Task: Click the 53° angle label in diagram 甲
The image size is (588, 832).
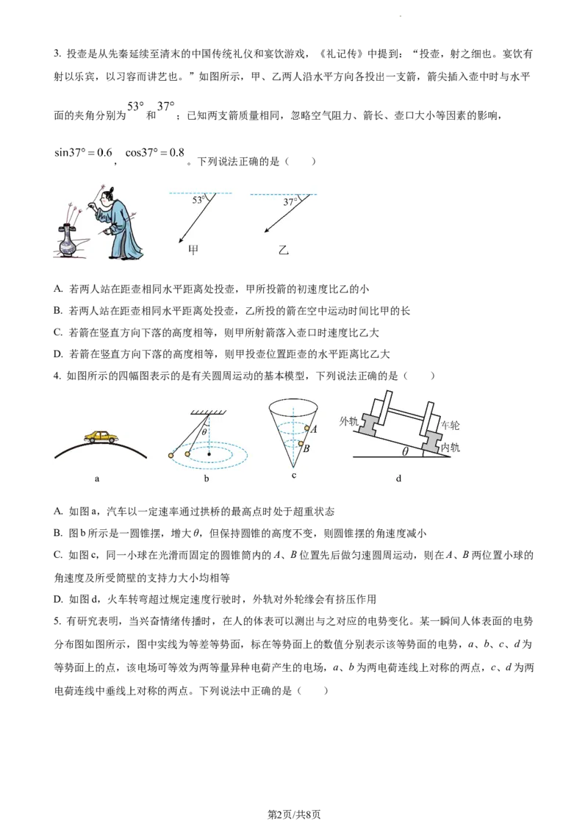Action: pyautogui.click(x=198, y=200)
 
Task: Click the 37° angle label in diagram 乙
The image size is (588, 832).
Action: pyautogui.click(x=290, y=202)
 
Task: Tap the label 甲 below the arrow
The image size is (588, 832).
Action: pyautogui.click(x=193, y=249)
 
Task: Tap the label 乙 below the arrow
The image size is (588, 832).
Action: pyautogui.click(x=284, y=249)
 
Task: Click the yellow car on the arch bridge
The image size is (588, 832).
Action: pyautogui.click(x=101, y=437)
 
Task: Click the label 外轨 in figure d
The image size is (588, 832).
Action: pyautogui.click(x=348, y=421)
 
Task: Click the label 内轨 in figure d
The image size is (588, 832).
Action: pyautogui.click(x=450, y=448)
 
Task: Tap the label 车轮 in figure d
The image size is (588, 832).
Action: pyautogui.click(x=450, y=425)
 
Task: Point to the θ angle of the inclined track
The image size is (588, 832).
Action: pyautogui.click(x=406, y=451)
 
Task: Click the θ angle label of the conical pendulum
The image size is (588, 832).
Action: pyautogui.click(x=204, y=432)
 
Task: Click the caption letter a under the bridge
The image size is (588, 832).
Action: pyautogui.click(x=96, y=478)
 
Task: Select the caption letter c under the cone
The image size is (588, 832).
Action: pyautogui.click(x=294, y=476)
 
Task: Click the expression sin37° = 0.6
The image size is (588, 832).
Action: pyautogui.click(x=83, y=153)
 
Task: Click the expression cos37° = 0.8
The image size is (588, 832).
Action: pyautogui.click(x=155, y=153)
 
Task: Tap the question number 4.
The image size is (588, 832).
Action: pyautogui.click(x=57, y=376)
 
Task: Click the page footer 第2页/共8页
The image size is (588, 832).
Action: pyautogui.click(x=294, y=814)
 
